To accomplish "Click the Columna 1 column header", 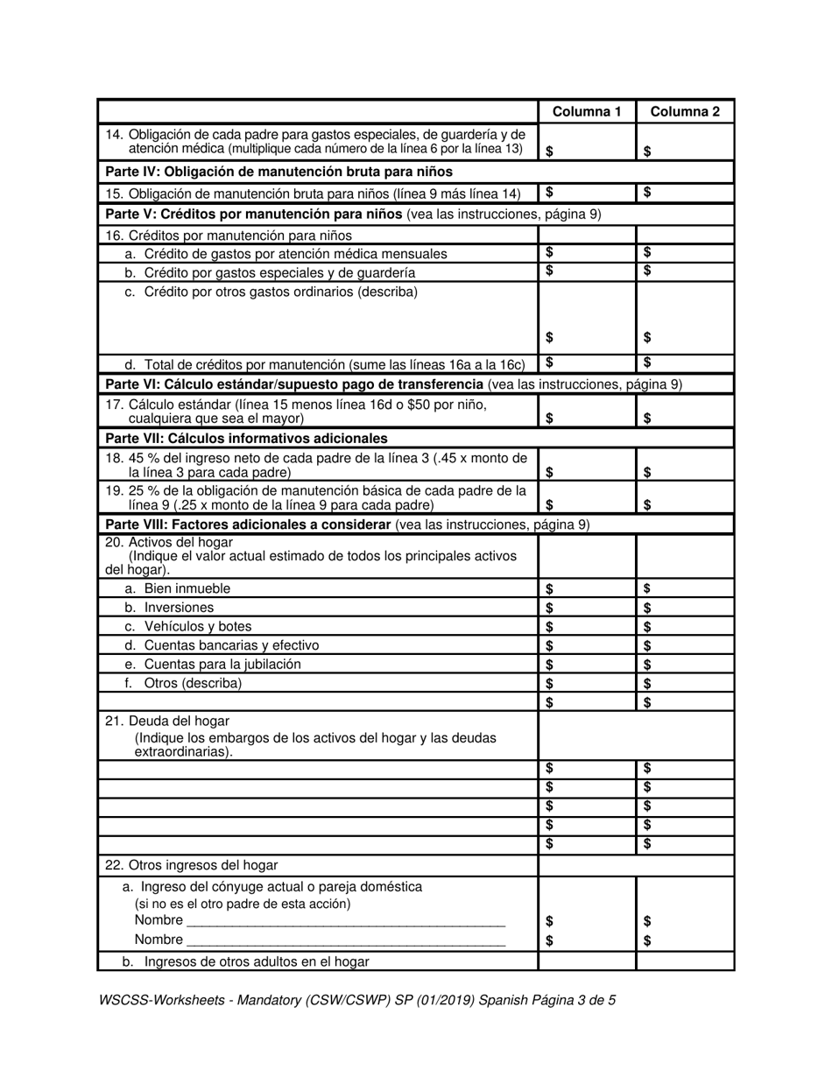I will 587,111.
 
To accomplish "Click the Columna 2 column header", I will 685,111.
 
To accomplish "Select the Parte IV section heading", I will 278,172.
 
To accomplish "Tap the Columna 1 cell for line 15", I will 587,192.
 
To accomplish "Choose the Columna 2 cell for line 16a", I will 685,252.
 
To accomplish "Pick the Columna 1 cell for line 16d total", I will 587,363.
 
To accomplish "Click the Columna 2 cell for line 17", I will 685,412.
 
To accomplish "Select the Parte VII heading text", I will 246,438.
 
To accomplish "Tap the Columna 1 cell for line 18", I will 587,465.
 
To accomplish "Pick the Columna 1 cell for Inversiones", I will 587,608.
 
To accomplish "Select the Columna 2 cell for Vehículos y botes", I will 685,627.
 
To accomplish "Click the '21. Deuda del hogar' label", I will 167,721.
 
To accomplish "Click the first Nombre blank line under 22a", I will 346,920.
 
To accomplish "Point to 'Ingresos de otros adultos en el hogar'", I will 256,961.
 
